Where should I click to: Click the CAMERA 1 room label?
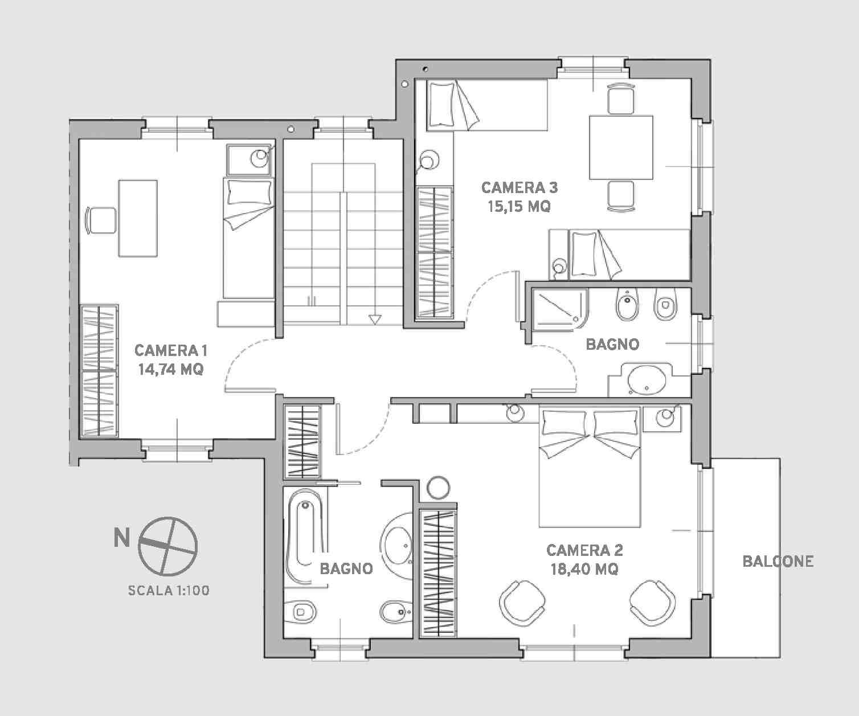point(170,350)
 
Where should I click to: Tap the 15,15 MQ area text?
point(519,206)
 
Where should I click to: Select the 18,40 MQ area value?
point(584,569)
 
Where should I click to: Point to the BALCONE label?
point(778,561)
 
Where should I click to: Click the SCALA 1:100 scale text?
point(169,591)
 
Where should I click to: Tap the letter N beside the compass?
point(122,538)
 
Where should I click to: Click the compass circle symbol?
point(168,546)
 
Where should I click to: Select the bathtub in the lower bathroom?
point(306,535)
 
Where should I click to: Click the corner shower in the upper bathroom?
point(560,309)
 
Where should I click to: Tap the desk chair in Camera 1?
point(100,220)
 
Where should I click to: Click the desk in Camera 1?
point(138,218)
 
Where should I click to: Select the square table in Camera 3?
point(621,148)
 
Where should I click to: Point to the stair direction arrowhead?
point(375,320)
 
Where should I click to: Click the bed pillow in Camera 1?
point(249,193)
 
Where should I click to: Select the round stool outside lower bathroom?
point(438,488)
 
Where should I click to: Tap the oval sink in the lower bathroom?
point(396,546)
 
